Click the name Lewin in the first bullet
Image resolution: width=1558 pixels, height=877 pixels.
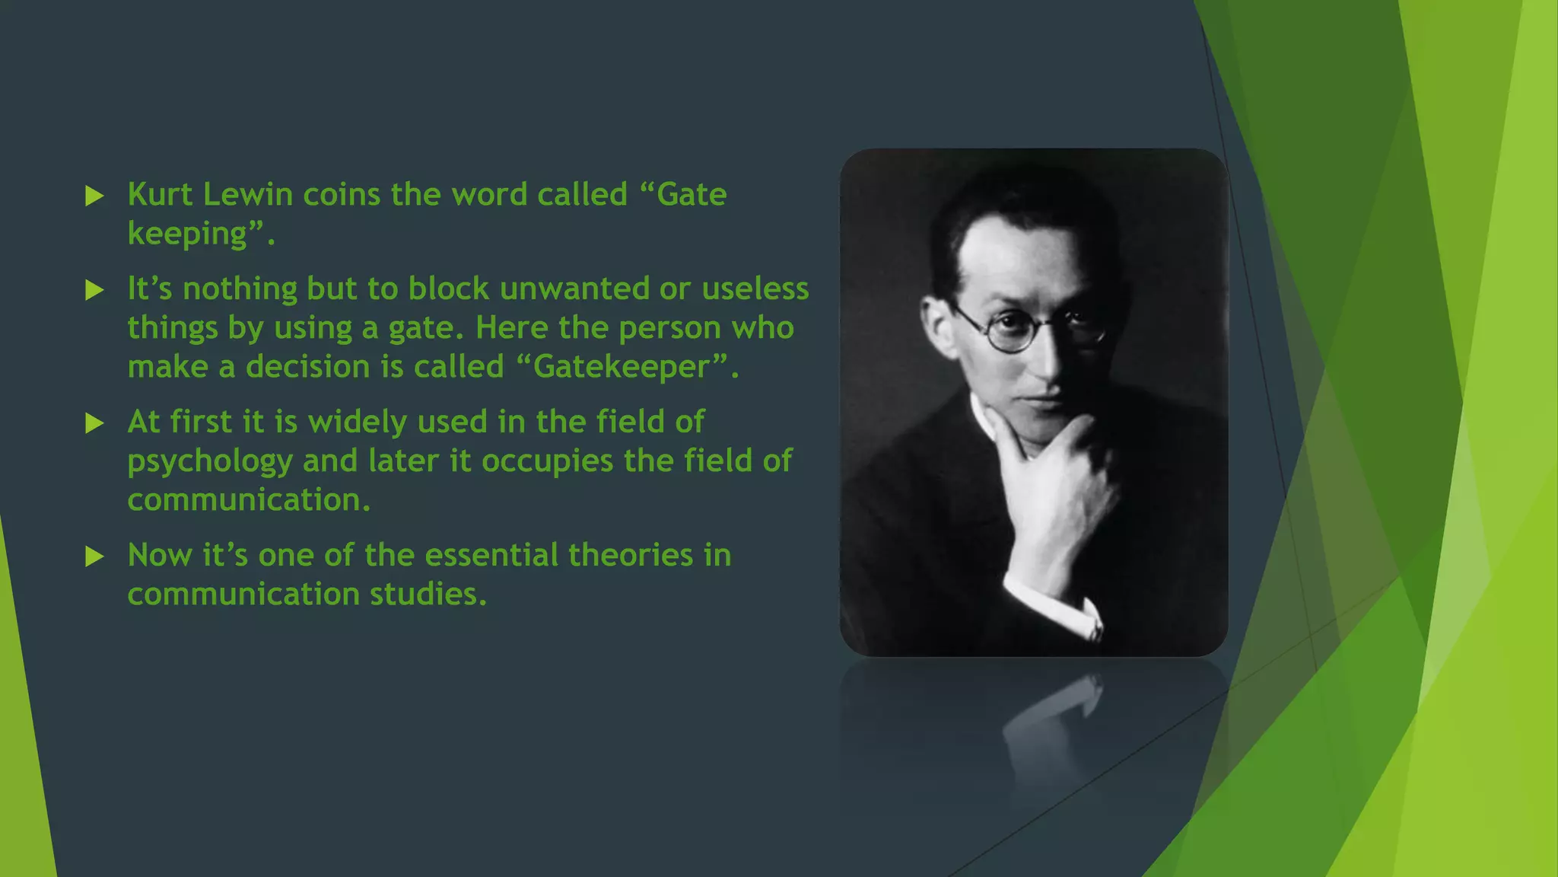tap(248, 194)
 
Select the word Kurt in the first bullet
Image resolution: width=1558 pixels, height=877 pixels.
tap(160, 194)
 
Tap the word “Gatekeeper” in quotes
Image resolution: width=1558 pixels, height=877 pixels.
tap(627, 366)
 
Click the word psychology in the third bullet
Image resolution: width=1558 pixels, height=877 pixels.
tap(210, 461)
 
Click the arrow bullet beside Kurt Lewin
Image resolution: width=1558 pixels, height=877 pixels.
tap(94, 196)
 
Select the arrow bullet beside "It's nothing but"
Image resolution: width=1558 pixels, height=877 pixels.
tap(94, 290)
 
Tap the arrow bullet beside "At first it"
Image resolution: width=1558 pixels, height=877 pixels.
tap(94, 423)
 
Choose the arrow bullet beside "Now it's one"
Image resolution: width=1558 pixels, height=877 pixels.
tap(94, 556)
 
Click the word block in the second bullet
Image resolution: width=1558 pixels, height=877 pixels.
tap(449, 289)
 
